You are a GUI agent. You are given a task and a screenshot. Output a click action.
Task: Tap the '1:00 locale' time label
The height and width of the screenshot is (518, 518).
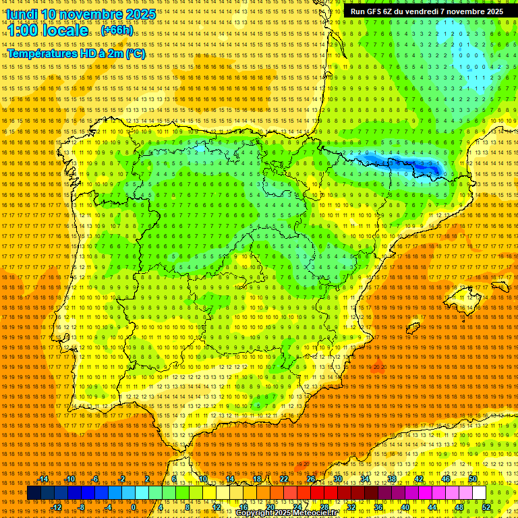[48, 30]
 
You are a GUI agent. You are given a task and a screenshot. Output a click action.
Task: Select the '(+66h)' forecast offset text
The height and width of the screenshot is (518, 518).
[117, 31]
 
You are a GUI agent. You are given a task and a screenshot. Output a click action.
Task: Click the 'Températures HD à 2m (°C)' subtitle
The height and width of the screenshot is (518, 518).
[76, 53]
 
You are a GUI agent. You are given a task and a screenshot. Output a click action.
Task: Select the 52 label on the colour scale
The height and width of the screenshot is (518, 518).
[486, 507]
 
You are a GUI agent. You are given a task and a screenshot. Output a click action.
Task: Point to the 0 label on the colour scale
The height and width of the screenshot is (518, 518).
[134, 507]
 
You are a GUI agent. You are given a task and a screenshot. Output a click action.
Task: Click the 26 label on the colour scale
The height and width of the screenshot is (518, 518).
[311, 480]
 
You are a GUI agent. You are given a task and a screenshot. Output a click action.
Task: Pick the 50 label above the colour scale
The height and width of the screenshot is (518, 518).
[473, 480]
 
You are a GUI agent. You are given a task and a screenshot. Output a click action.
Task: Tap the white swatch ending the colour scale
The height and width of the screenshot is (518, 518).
[479, 493]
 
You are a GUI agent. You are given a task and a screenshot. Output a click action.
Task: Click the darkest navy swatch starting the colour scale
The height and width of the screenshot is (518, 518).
[34, 493]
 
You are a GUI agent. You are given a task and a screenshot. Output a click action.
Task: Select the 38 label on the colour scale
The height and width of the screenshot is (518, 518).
[392, 480]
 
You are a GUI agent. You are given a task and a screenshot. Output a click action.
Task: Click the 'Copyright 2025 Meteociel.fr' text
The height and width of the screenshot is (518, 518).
[286, 513]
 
